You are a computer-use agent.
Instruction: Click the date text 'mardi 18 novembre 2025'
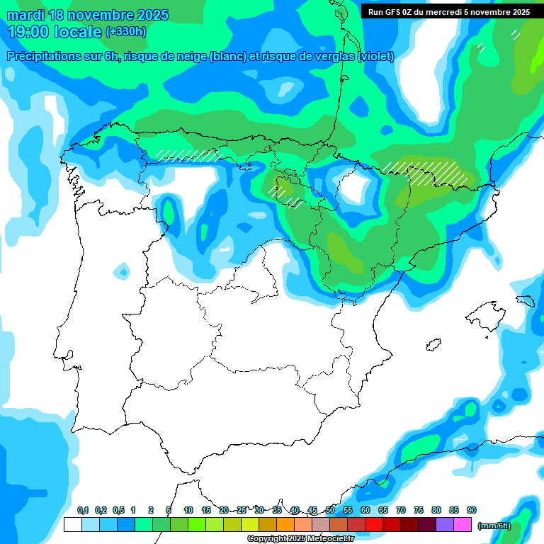tap(88, 15)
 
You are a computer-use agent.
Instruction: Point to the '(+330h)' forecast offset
tap(125, 32)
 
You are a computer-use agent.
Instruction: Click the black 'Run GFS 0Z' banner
tap(448, 12)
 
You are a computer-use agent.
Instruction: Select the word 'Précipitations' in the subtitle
tap(42, 57)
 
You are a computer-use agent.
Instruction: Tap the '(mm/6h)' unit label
tap(494, 526)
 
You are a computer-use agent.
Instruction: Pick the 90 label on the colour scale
tap(472, 510)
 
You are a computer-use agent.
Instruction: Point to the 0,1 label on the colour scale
tap(83, 510)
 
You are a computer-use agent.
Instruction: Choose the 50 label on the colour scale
tap(330, 510)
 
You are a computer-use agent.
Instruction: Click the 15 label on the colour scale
tap(206, 510)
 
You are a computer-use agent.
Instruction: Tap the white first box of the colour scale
tap(72, 525)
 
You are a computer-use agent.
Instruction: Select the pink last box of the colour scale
tap(463, 525)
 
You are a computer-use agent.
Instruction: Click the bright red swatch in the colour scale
tap(373, 525)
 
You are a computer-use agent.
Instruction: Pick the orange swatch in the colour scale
tap(285, 525)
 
